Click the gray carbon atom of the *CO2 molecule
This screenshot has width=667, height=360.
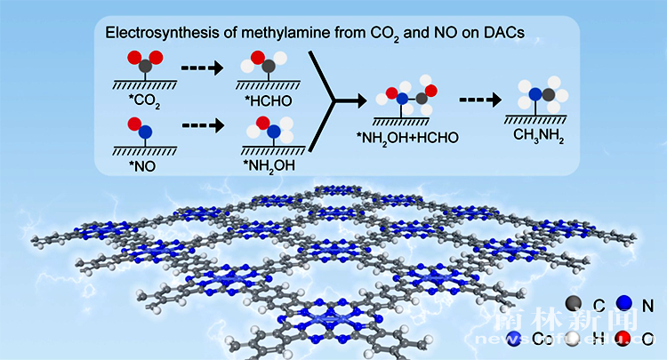click(145, 66)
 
